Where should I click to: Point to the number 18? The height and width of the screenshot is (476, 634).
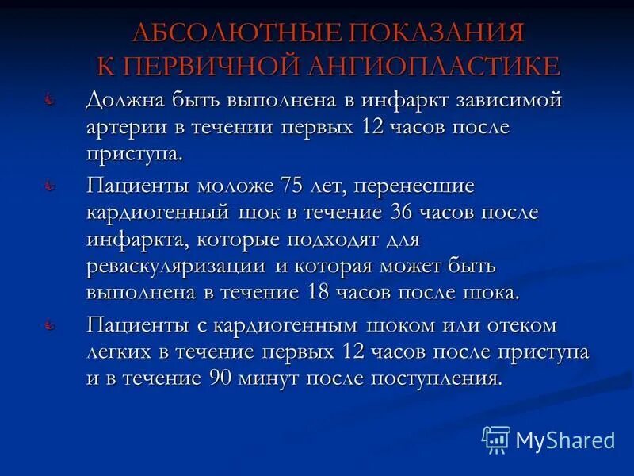point(319,292)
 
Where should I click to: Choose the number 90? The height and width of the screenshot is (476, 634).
point(225,378)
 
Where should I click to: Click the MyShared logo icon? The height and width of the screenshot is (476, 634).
point(497,439)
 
